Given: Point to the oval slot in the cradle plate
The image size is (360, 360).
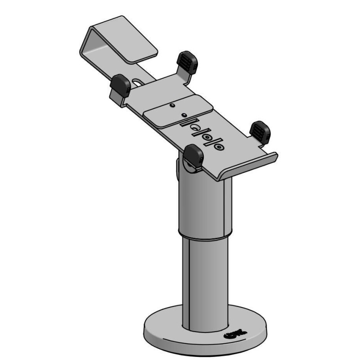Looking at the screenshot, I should [138, 82].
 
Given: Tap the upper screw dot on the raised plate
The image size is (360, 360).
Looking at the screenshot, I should [173, 106].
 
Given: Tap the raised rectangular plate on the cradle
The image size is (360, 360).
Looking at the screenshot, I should [178, 112].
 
